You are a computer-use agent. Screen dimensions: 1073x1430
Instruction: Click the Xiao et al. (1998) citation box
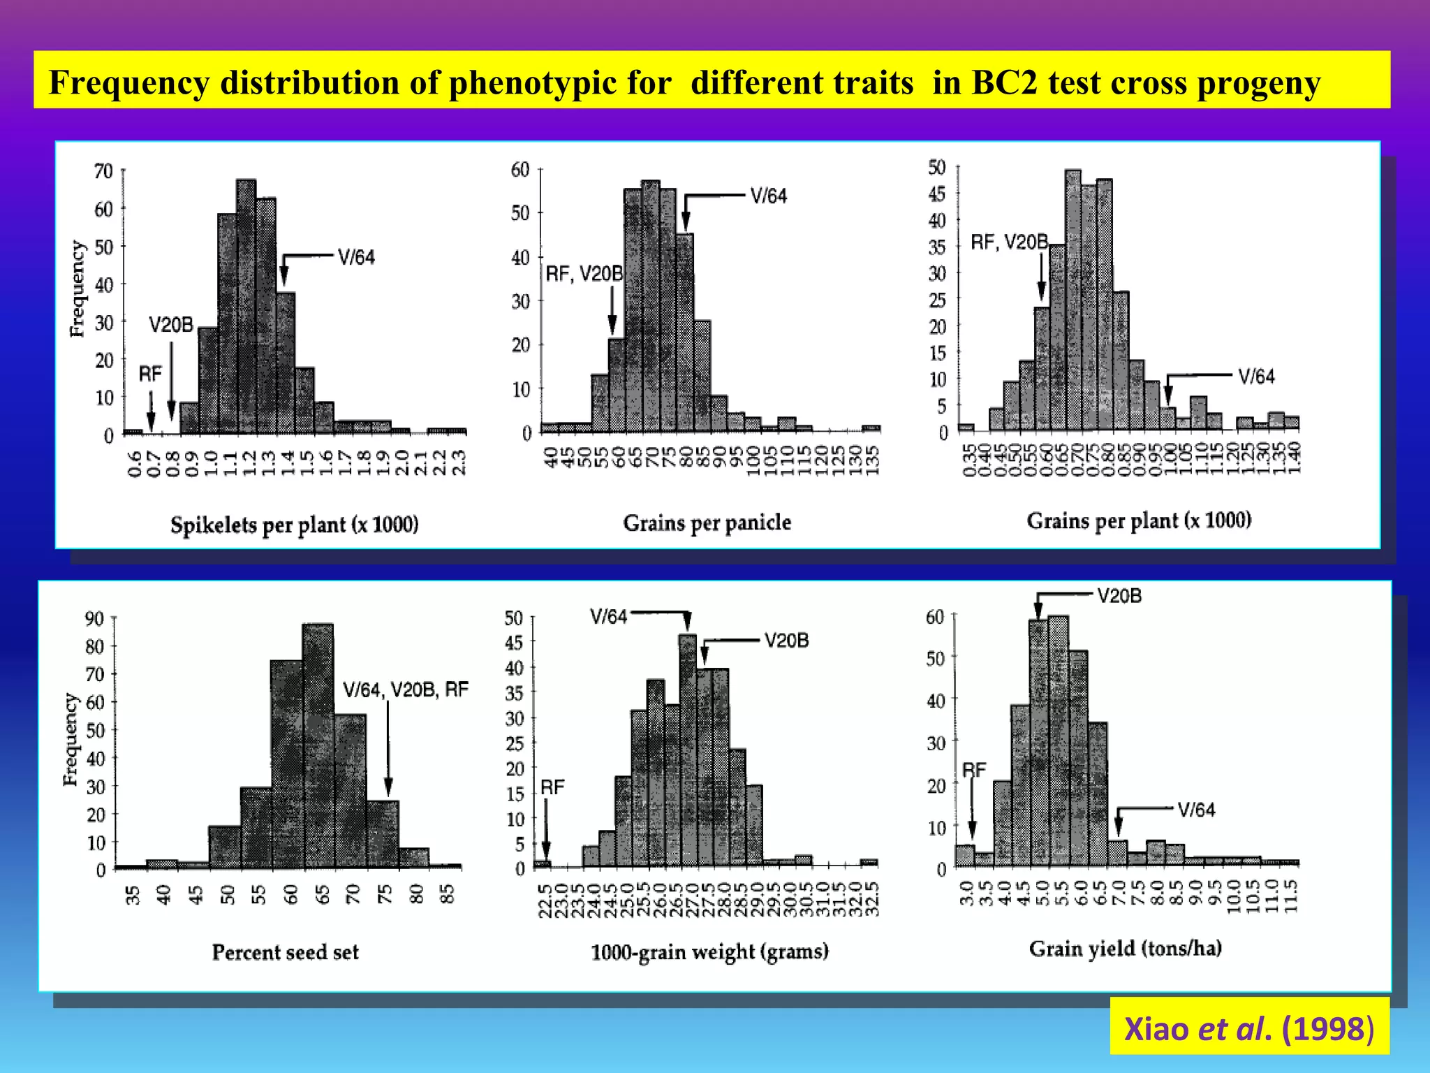tap(1248, 1029)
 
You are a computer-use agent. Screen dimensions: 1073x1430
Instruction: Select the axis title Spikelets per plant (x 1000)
tap(294, 525)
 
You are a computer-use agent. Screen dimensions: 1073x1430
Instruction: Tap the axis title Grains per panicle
tap(707, 523)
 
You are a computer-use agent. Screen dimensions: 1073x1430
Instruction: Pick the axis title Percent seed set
tap(285, 952)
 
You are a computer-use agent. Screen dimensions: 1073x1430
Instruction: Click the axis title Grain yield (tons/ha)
tap(1125, 949)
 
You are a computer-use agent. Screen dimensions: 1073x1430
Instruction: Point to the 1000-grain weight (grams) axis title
tap(709, 951)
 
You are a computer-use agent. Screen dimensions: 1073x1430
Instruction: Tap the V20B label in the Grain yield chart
tap(1119, 596)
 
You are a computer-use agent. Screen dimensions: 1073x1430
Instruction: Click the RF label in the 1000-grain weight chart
tap(552, 787)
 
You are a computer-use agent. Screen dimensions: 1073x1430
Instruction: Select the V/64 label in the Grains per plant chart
tap(1255, 377)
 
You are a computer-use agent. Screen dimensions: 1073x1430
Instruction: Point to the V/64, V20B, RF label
tap(406, 690)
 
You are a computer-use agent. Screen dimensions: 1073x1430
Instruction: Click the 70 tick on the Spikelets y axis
tap(103, 171)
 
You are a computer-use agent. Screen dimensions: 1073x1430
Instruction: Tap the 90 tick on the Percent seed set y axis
tap(94, 618)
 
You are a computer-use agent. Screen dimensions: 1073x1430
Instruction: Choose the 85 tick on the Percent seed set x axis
tap(448, 893)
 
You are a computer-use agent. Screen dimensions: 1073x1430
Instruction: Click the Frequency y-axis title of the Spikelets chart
tap(77, 289)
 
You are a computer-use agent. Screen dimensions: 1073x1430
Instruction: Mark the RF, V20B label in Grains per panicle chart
tap(584, 274)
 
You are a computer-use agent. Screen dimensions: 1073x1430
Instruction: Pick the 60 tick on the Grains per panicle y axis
tap(520, 170)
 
